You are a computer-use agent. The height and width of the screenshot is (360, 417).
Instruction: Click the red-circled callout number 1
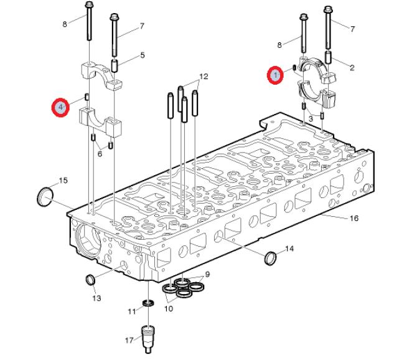click(275, 75)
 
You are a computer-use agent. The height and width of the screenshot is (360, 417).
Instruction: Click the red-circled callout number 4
click(60, 108)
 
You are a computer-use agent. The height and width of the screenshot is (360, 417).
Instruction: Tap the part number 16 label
click(354, 218)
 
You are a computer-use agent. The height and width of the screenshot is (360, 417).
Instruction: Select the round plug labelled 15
click(45, 197)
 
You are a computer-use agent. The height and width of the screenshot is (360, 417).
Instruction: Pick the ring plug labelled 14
click(271, 258)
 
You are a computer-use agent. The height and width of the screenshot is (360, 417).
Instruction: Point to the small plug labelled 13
click(90, 280)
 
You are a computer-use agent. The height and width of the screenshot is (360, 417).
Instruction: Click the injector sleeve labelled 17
click(148, 339)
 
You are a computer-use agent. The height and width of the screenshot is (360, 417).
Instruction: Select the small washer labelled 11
click(148, 303)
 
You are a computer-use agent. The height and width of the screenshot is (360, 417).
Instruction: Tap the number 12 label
click(204, 77)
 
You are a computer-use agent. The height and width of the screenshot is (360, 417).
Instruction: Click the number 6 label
click(100, 154)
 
